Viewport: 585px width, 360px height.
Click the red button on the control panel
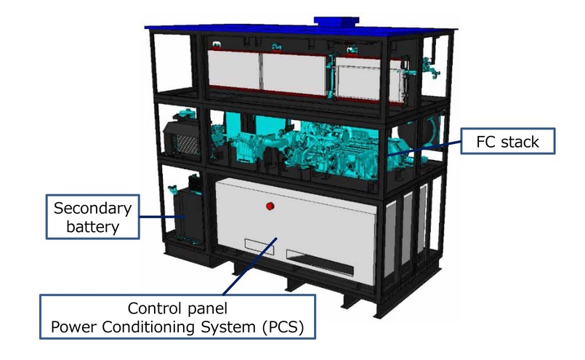270,207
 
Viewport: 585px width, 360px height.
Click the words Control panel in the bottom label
179,308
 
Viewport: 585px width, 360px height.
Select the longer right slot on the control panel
320,259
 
